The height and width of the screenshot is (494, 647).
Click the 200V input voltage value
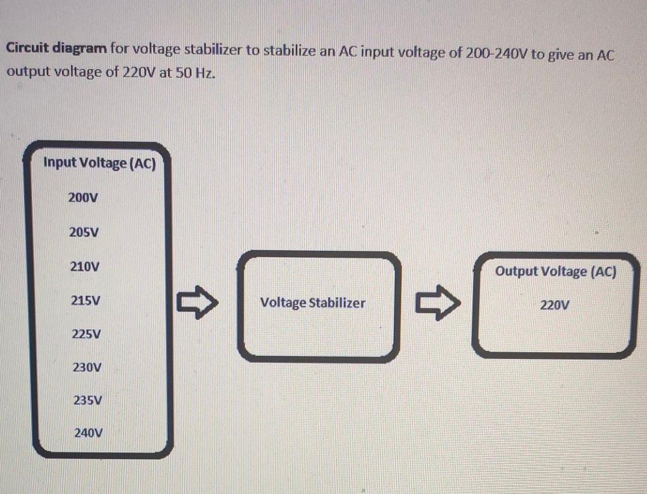[84, 198]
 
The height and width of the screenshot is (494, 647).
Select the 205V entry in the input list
[84, 232]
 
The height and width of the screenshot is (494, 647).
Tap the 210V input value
[84, 267]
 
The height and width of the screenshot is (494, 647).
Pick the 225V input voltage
[85, 334]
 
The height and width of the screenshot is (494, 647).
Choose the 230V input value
[87, 367]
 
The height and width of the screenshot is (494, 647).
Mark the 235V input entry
[88, 400]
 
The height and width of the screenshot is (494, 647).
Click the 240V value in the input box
[88, 434]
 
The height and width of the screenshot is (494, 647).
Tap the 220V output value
[555, 305]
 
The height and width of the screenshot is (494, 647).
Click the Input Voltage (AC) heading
[99, 163]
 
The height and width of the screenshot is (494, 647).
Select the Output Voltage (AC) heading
[555, 272]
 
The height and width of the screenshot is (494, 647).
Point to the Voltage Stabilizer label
[313, 303]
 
